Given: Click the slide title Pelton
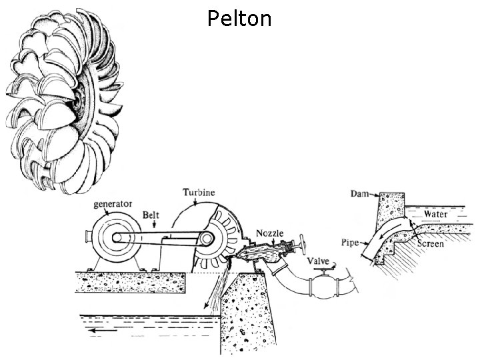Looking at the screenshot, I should coord(239,18).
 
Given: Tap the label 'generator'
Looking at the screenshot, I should coord(112,203).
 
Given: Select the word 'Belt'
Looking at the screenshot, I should coord(151,215).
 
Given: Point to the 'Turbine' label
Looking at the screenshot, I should coord(199,192).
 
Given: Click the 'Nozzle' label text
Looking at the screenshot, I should coord(270,233).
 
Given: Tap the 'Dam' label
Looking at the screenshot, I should coord(359,194).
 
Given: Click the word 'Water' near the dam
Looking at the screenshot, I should coord(435,215).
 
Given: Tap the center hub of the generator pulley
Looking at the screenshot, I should coord(116,237).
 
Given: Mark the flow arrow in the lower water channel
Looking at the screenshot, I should coord(100,329).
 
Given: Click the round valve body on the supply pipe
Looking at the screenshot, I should coord(321,287).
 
